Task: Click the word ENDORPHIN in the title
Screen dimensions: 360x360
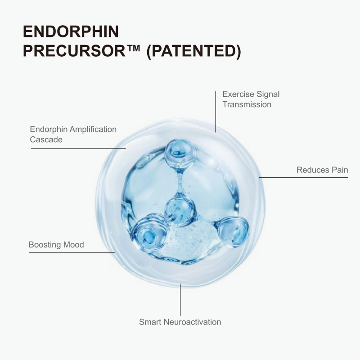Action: click(x=71, y=31)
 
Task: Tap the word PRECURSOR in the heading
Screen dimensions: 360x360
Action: click(x=74, y=51)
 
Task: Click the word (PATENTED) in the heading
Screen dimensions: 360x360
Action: click(x=193, y=51)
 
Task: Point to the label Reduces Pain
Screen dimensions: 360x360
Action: click(x=322, y=170)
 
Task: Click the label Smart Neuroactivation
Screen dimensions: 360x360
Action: click(x=180, y=322)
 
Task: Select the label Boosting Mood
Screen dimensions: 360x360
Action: click(x=56, y=245)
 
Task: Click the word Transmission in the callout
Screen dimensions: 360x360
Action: click(x=247, y=104)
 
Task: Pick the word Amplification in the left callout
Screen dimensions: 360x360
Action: click(x=93, y=129)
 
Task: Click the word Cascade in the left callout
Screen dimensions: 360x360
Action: click(x=46, y=139)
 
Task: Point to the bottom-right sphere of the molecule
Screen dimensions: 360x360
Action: click(x=233, y=232)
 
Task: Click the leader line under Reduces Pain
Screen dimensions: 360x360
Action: click(x=303, y=177)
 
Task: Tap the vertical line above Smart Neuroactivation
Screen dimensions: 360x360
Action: click(x=180, y=300)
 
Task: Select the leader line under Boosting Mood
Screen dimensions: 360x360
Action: click(x=72, y=252)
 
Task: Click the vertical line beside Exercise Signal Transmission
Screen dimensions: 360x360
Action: click(x=216, y=112)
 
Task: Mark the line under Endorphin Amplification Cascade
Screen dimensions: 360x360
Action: click(x=78, y=148)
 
